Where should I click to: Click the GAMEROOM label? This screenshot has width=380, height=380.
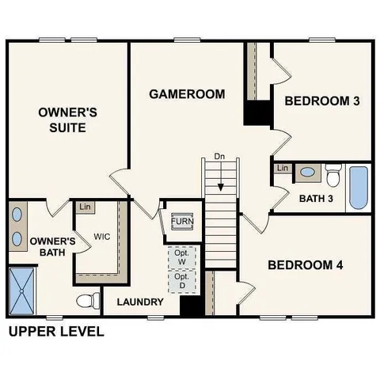(x=187, y=94)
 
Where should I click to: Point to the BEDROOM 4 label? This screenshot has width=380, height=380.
(x=305, y=264)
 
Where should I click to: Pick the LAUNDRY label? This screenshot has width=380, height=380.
(x=140, y=302)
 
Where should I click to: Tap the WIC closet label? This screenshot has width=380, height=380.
(x=101, y=237)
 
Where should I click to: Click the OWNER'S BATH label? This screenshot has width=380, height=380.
(x=52, y=247)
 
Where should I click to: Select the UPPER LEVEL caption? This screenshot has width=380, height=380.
(x=56, y=331)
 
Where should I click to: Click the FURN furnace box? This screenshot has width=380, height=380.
(x=182, y=221)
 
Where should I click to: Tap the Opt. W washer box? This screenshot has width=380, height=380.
(x=180, y=256)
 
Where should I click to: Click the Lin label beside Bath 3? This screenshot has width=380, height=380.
(x=282, y=168)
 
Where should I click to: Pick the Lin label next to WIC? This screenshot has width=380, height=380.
(x=85, y=207)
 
